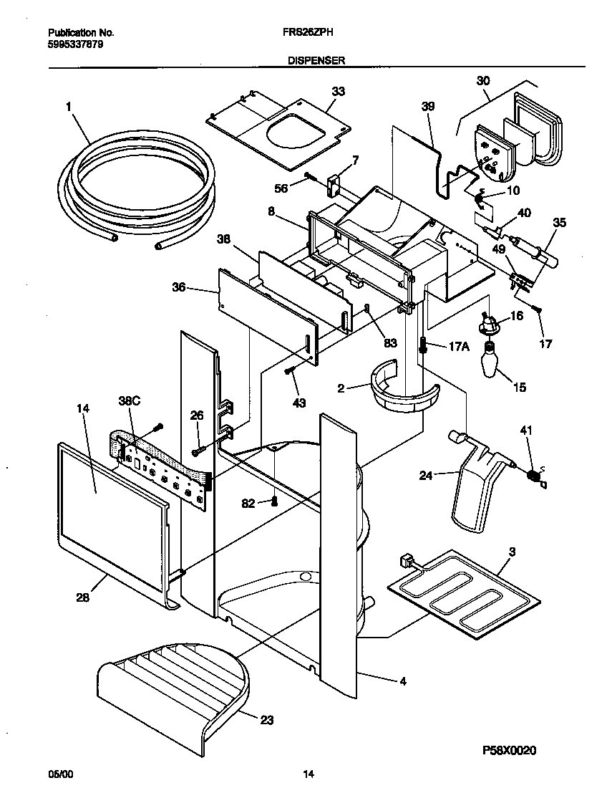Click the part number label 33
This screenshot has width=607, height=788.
tap(338, 91)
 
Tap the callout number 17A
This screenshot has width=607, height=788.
tap(459, 346)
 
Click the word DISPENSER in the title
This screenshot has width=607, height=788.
tap(316, 62)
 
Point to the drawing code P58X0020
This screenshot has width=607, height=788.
tap(510, 750)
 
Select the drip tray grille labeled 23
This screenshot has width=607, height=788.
tap(175, 684)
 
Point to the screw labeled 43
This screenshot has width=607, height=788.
tap(289, 370)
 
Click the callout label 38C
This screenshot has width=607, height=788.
tap(129, 402)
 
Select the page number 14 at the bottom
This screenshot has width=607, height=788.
tap(309, 774)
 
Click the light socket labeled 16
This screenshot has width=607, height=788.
tap(490, 324)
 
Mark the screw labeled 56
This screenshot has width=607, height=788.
tap(309, 176)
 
